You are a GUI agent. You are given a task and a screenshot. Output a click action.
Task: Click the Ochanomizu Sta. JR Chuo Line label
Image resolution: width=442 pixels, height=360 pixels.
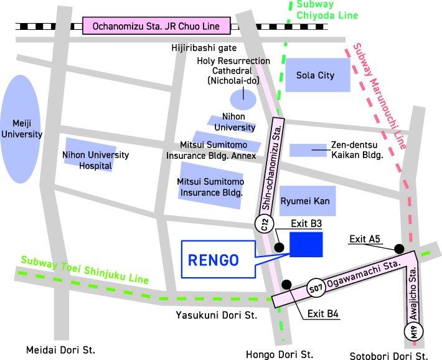(x=156, y=26)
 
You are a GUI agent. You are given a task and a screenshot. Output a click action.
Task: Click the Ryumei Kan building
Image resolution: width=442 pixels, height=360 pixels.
(x=307, y=201)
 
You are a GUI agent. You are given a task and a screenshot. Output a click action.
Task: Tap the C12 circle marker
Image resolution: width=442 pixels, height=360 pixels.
(x=264, y=224)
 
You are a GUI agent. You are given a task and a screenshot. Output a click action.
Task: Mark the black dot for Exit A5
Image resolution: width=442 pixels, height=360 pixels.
(x=399, y=249)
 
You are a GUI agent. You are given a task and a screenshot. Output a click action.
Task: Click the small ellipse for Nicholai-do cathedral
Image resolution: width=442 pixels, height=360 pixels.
(x=242, y=98)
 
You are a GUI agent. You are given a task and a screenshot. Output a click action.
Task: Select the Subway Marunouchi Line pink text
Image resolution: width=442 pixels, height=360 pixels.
(x=379, y=97)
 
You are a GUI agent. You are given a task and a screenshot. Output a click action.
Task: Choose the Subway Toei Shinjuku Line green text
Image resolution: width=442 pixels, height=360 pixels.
(x=84, y=270)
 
